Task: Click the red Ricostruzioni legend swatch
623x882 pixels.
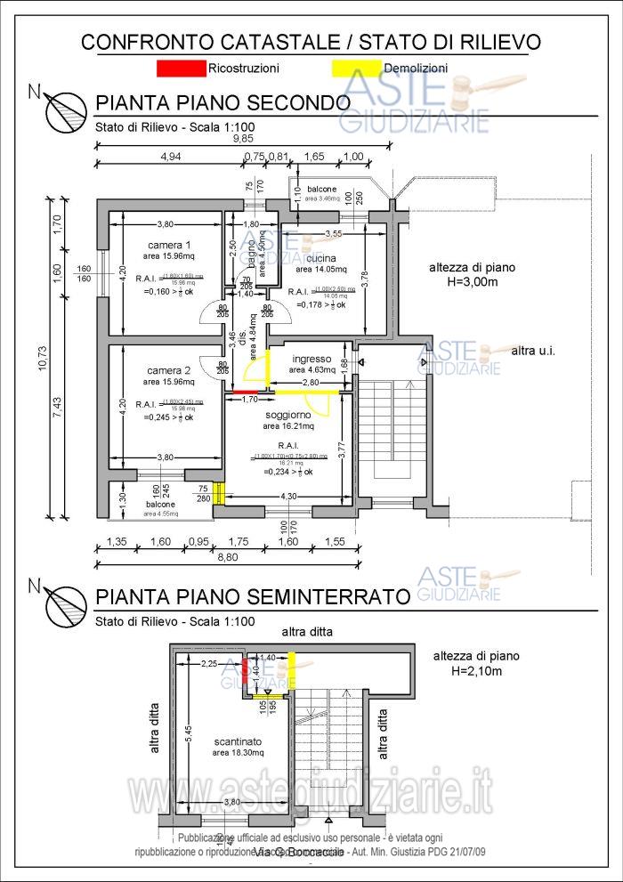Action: click(181, 68)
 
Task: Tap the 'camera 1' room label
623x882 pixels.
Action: click(169, 246)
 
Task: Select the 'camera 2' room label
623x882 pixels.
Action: click(169, 371)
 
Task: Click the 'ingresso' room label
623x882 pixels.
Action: click(311, 359)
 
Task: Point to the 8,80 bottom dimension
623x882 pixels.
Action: click(229, 557)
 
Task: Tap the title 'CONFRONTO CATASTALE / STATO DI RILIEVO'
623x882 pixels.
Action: click(311, 42)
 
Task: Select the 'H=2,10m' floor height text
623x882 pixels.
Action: click(476, 670)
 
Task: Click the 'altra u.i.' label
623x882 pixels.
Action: click(533, 352)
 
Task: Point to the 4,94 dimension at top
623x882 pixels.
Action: click(170, 156)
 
